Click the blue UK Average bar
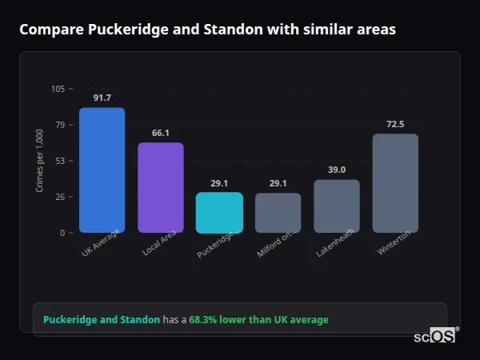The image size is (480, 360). (x=102, y=170)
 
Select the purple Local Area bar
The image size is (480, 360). (x=161, y=187)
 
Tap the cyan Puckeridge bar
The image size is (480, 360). (x=219, y=212)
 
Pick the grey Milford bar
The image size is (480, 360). (x=278, y=212)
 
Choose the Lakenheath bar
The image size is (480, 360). (x=337, y=206)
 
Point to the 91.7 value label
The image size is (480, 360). (x=102, y=98)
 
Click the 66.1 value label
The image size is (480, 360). (x=161, y=133)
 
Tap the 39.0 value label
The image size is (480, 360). (x=337, y=170)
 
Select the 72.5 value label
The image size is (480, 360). (x=395, y=124)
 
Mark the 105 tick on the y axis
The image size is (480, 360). (x=58, y=89)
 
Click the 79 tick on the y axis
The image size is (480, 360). (x=59, y=125)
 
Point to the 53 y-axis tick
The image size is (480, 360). (x=59, y=161)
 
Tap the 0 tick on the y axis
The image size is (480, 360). (x=62, y=233)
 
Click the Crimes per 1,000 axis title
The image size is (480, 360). (x=40, y=161)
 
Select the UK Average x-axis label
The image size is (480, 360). (x=101, y=244)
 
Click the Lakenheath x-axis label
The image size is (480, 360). (x=335, y=243)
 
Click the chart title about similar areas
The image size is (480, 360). (x=207, y=30)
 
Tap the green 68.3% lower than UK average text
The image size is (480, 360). (x=258, y=320)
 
